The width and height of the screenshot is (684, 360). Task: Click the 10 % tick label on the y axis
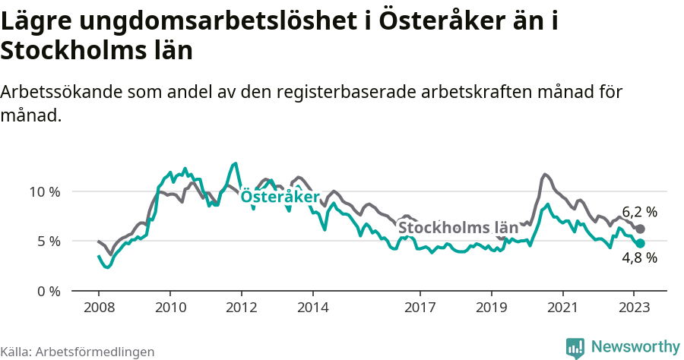point(45,191)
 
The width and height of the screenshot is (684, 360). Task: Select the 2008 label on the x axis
point(99,308)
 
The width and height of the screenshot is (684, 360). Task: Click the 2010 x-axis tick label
point(170,308)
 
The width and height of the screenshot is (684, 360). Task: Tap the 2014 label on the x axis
point(313,308)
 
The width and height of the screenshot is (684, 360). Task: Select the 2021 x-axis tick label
point(563,308)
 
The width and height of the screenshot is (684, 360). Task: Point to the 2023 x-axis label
point(635,308)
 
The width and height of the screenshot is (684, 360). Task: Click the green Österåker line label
point(280,196)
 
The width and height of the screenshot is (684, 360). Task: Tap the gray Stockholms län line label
point(458,227)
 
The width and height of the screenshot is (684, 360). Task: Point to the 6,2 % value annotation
point(639,212)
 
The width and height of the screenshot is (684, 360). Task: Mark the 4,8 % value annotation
point(639,257)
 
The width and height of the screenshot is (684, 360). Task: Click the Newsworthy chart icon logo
point(575,347)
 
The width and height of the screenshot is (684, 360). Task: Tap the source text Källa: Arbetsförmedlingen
point(78,352)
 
